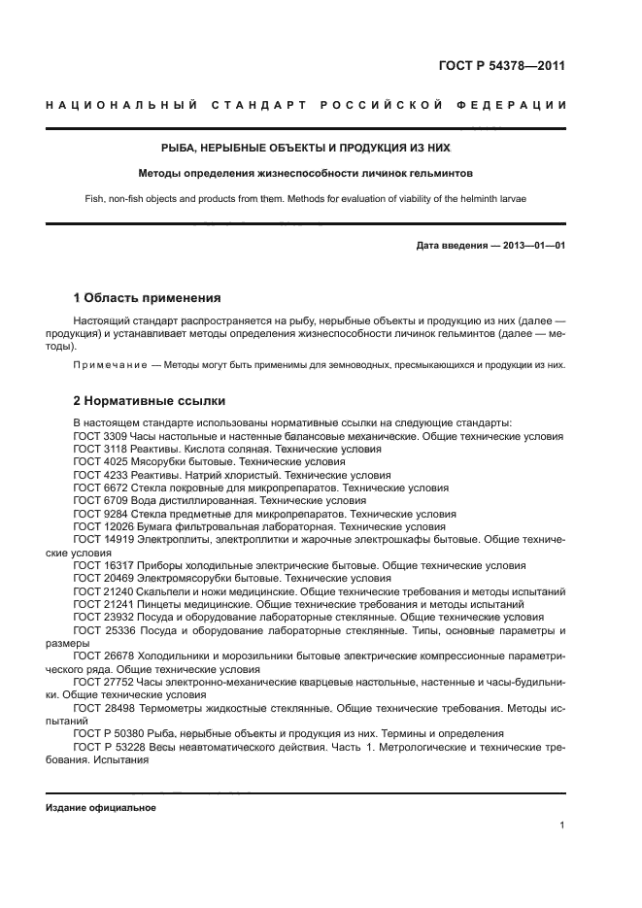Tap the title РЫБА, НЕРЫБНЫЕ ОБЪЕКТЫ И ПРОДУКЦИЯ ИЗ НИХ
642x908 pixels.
tap(306, 148)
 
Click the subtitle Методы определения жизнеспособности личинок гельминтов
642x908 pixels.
tap(306, 175)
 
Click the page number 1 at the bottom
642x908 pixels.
tap(562, 825)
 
